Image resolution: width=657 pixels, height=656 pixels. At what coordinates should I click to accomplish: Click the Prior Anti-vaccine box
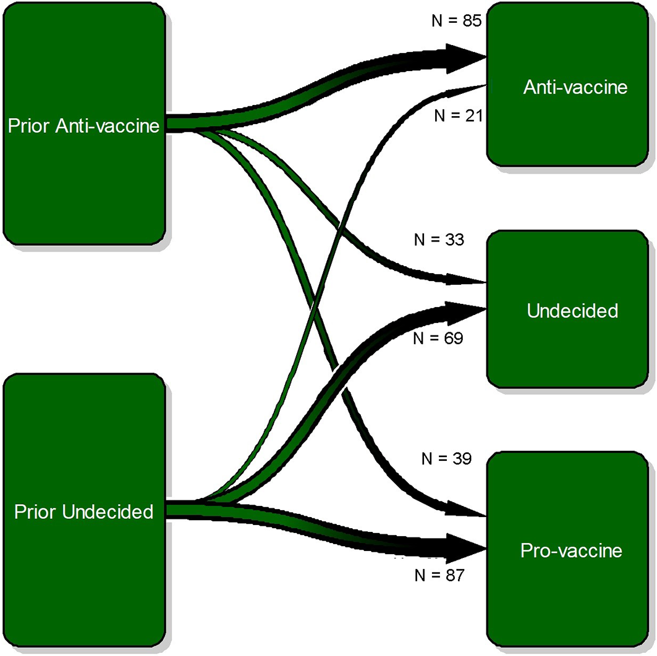84,124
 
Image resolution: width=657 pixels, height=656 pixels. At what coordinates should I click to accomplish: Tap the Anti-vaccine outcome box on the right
568,84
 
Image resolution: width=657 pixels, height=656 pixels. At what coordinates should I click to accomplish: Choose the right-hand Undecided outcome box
568,309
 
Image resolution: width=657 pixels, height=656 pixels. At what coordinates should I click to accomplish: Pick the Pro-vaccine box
568,549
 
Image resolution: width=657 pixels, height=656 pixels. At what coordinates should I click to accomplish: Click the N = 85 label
456,20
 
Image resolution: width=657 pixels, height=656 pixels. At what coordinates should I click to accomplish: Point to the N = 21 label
459,116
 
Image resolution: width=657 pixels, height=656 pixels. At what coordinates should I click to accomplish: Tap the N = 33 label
439,240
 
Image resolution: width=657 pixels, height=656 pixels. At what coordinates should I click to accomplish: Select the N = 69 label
438,339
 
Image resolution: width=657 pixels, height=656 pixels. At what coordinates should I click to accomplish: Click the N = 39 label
446,459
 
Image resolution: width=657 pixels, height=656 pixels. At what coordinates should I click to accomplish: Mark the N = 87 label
439,576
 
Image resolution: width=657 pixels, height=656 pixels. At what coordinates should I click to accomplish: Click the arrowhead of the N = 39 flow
467,509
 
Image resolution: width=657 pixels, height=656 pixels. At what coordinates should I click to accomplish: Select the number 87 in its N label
455,576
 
